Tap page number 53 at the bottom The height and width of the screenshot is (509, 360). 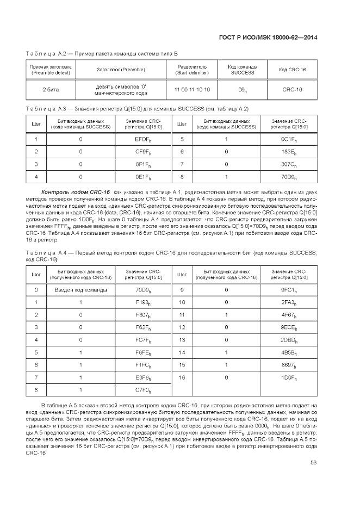[x=313, y=463]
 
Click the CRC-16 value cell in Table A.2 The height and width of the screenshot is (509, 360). [x=292, y=89]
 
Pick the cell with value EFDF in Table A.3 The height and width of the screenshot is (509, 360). [x=143, y=140]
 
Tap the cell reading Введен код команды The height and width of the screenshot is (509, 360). [x=80, y=290]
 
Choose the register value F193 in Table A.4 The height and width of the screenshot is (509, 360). [x=143, y=302]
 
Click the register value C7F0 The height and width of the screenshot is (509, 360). [x=143, y=390]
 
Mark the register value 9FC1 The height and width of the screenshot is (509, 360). [x=289, y=290]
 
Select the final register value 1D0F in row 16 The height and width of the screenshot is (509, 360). [x=289, y=377]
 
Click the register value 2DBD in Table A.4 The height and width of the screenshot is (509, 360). [x=289, y=340]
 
